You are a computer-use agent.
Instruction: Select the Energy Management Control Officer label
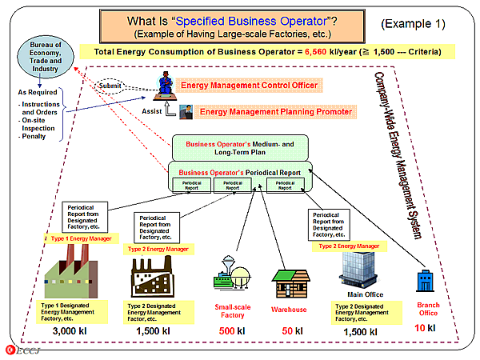click(250, 85)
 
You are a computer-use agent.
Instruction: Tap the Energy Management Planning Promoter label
click(274, 112)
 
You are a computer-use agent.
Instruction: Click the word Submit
click(110, 85)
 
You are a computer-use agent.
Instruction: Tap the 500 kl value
click(234, 330)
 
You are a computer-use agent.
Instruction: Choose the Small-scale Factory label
click(234, 311)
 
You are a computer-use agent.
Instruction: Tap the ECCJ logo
click(18, 349)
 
